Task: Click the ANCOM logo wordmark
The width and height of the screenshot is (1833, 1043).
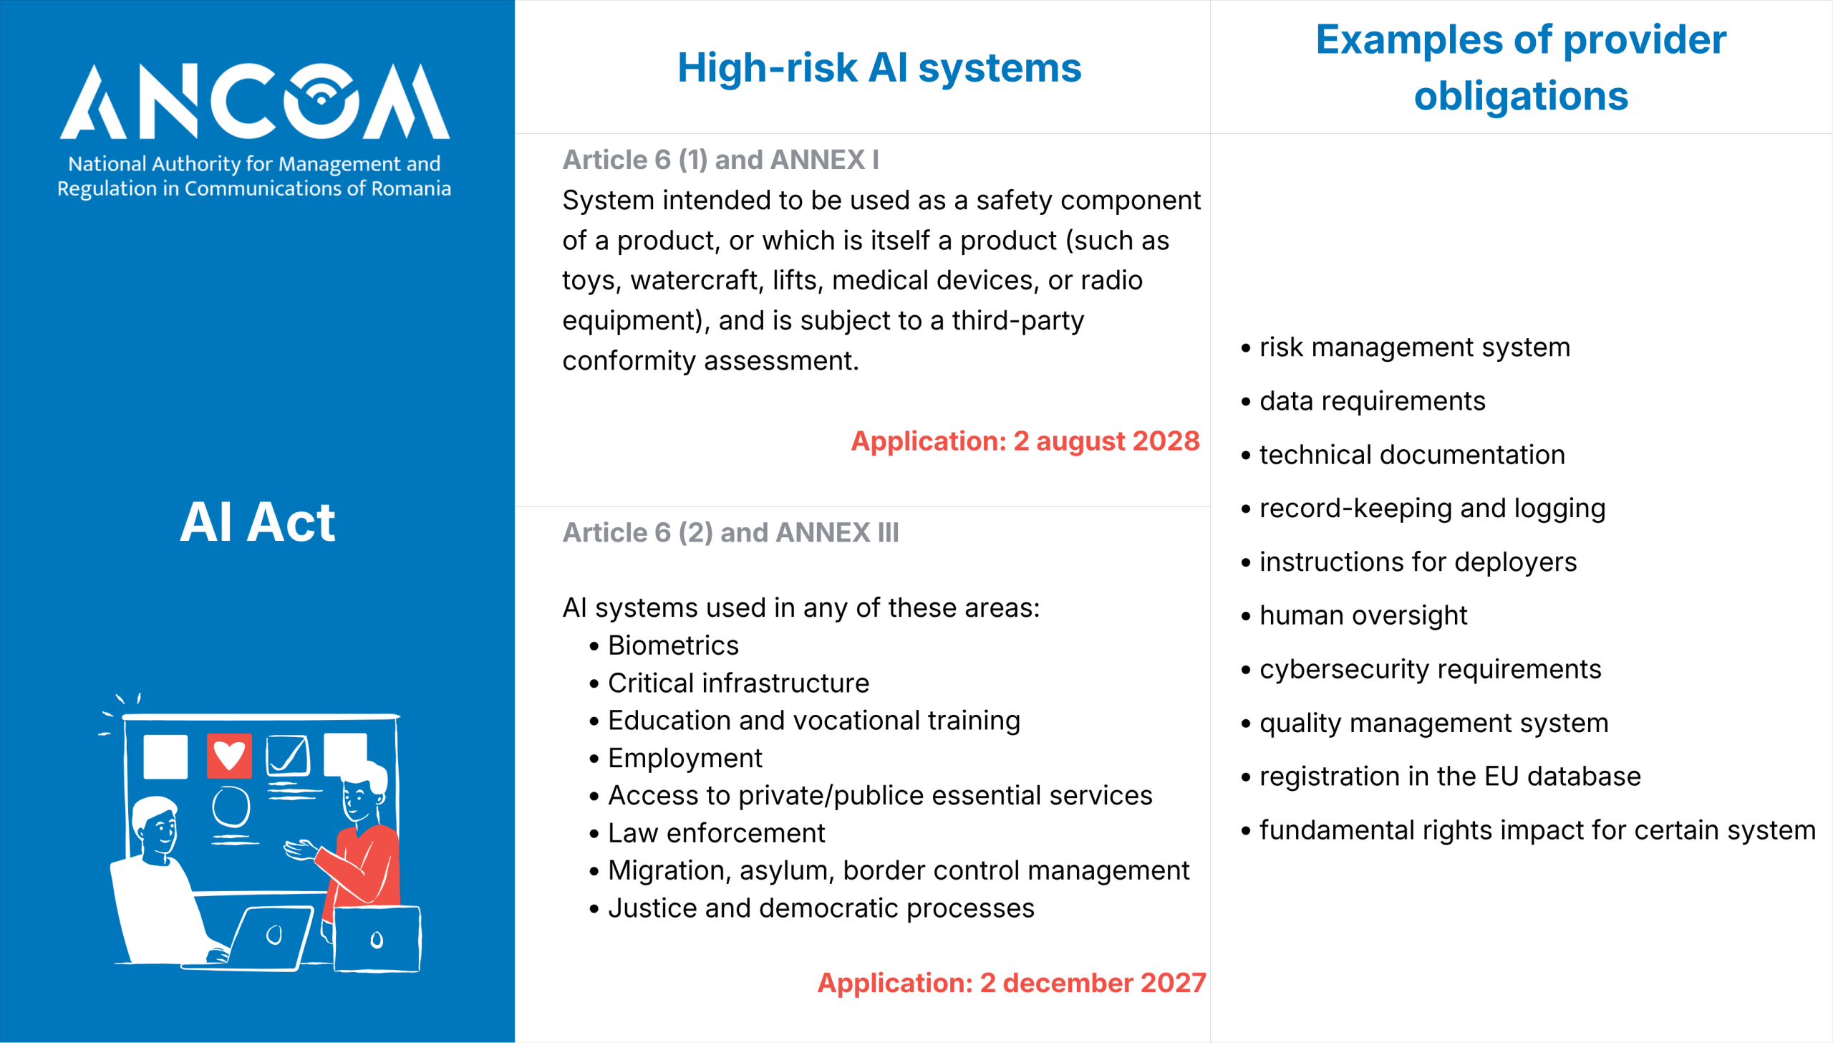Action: click(x=255, y=101)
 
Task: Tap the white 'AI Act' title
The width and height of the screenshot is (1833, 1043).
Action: click(x=257, y=522)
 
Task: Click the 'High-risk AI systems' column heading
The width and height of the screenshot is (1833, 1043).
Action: click(x=879, y=68)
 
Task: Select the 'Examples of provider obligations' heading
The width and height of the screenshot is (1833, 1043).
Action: click(x=1521, y=67)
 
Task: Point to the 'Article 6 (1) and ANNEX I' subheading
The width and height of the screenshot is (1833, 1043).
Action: click(x=720, y=160)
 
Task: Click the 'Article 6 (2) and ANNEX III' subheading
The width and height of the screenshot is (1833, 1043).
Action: click(x=730, y=532)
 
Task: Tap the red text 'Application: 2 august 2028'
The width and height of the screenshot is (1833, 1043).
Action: click(x=1025, y=441)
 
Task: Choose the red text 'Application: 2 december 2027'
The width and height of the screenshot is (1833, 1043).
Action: click(x=1012, y=983)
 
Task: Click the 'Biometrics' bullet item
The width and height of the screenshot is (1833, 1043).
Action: click(x=673, y=645)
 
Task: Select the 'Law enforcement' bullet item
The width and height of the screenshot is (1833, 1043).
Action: click(x=716, y=833)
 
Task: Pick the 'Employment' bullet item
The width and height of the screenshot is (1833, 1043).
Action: click(x=685, y=758)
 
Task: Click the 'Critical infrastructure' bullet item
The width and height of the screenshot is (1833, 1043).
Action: click(x=738, y=683)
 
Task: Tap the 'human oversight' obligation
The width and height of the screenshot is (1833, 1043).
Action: click(x=1363, y=615)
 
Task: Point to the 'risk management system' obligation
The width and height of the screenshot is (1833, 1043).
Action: click(x=1415, y=347)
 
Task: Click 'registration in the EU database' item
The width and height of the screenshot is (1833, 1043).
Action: click(x=1450, y=777)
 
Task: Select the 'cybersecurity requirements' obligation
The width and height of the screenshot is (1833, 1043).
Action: click(x=1430, y=669)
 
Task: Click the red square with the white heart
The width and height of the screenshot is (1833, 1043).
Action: click(x=229, y=756)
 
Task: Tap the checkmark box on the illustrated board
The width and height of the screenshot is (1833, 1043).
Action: click(x=288, y=756)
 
